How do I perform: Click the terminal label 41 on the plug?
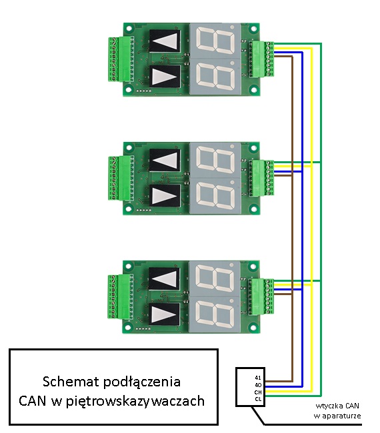(257, 378)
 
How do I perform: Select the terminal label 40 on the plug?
(258, 384)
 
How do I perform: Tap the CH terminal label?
(258, 392)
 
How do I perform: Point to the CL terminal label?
(258, 399)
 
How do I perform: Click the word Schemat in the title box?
(71, 382)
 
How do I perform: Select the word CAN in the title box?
(33, 401)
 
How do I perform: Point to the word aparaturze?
(341, 416)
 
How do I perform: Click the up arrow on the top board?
(165, 41)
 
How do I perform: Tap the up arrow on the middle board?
(165, 160)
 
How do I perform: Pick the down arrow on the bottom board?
(165, 314)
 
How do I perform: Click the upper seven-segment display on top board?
(215, 41)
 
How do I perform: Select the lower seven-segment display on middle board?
(215, 196)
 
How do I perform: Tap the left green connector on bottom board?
(121, 296)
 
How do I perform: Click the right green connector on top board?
(261, 59)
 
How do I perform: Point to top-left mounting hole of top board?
(129, 29)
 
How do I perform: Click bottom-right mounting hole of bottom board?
(253, 328)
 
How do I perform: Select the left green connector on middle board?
(121, 178)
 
